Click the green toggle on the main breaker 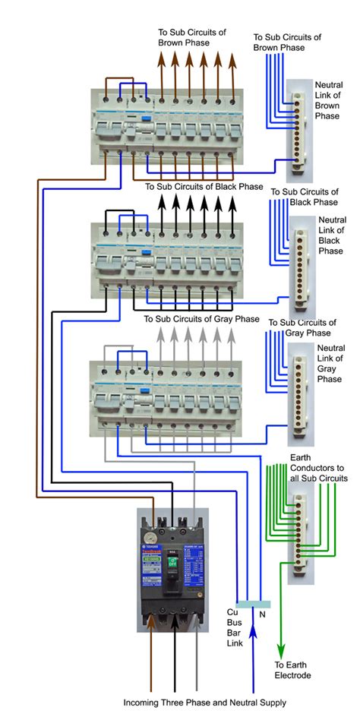[x=173, y=563]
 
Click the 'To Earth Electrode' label [x=292, y=670]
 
